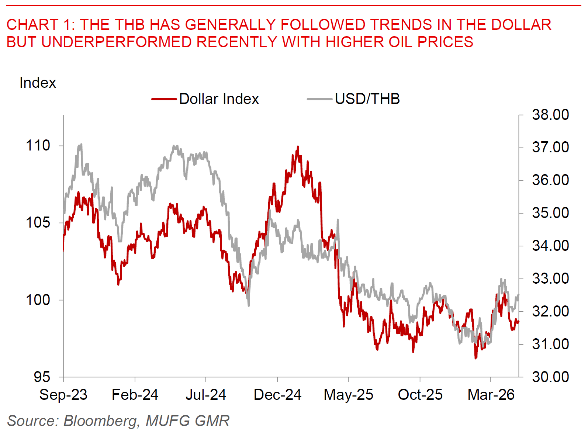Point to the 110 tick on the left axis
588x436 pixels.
point(38,146)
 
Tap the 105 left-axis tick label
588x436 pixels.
point(38,223)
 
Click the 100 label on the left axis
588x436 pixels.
point(38,300)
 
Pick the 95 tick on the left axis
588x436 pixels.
point(42,377)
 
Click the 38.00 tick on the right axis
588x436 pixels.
point(550,115)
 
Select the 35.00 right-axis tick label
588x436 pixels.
point(550,213)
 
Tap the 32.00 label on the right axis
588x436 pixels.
point(550,311)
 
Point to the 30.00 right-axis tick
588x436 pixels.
point(550,377)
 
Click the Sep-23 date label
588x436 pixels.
point(63,395)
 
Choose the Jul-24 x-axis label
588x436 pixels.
point(206,395)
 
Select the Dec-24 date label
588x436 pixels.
point(277,395)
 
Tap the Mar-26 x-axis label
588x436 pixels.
point(491,395)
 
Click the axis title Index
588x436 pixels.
point(38,83)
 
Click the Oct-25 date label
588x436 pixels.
point(420,395)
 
